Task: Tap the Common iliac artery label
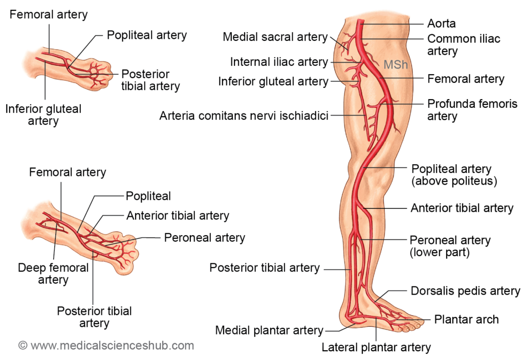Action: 456,45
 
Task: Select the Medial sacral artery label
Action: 275,37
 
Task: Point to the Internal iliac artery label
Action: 279,62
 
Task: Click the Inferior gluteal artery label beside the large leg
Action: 273,81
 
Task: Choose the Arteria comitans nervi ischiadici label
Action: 244,116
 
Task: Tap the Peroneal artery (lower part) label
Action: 450,246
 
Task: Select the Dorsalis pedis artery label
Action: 465,291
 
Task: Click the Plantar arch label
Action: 466,320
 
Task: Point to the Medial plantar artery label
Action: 269,330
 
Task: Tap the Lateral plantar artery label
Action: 376,348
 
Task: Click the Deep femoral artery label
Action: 53,274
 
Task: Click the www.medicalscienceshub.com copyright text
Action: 106,346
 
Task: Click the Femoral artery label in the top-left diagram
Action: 49,14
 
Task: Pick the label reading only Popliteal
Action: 148,196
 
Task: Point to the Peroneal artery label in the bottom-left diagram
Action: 204,238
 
